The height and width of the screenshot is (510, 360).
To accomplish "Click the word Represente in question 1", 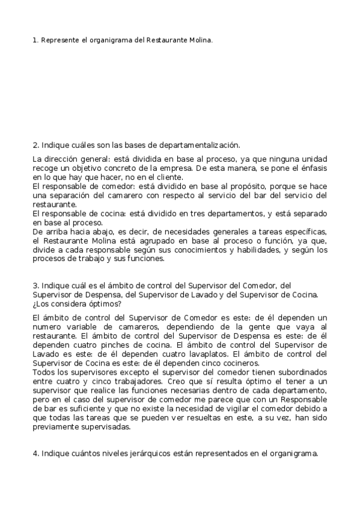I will click(59, 40).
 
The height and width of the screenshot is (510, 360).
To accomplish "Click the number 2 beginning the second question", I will click(35, 145).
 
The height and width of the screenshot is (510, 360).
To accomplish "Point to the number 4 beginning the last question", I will click(35, 454).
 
